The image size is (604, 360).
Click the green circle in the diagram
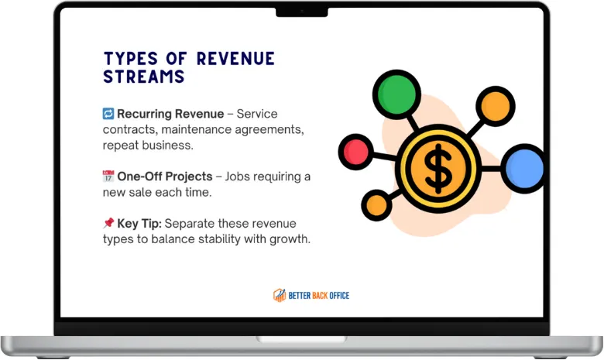click(396, 94)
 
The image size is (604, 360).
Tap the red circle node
click(356, 152)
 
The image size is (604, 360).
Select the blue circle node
click(524, 168)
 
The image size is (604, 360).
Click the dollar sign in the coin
click(438, 169)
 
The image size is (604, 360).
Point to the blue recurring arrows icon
click(108, 114)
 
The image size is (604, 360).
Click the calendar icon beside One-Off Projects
click(108, 176)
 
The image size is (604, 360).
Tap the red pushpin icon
click(108, 222)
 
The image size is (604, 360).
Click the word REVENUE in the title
click(235, 59)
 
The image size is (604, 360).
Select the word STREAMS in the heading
click(144, 76)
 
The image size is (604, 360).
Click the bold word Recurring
click(145, 114)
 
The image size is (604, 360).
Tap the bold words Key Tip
click(139, 224)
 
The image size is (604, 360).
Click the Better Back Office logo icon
click(280, 295)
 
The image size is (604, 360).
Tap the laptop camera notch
click(302, 12)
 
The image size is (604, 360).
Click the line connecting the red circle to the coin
click(384, 156)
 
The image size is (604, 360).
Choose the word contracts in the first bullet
click(129, 130)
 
